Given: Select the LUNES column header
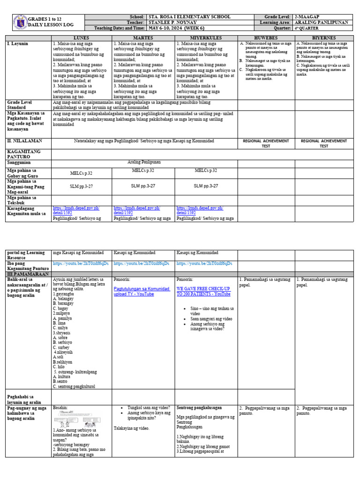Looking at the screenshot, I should click(x=82, y=37).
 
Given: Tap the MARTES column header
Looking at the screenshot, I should click(x=143, y=37).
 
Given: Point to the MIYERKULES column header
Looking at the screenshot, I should click(x=206, y=37).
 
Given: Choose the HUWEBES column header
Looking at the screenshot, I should click(x=266, y=37).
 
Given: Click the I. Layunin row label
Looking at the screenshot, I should click(x=17, y=44).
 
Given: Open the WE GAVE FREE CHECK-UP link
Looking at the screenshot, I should click(x=203, y=291).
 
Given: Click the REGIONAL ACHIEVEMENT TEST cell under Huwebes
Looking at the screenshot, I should click(x=266, y=143).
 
